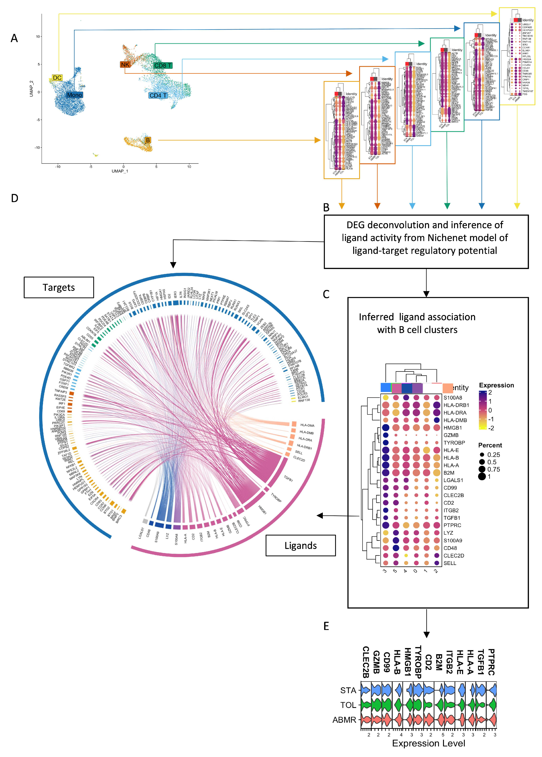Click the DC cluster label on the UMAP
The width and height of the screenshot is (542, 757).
[57, 78]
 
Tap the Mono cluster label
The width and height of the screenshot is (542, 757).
[74, 95]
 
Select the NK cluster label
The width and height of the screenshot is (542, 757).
[125, 65]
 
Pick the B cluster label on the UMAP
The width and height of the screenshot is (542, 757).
[147, 140]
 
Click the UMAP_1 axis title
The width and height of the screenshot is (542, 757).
[120, 171]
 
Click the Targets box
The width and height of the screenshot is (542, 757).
[59, 287]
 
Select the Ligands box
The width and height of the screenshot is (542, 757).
[300, 546]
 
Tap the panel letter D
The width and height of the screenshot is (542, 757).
[14, 198]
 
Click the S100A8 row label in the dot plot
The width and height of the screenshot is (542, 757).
[453, 397]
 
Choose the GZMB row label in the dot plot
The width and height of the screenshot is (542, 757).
[451, 435]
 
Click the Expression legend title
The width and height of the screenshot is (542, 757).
[496, 385]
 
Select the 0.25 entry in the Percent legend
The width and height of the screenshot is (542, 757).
[493, 455]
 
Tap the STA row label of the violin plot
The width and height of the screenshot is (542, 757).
[348, 690]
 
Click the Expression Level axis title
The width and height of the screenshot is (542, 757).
[428, 743]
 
